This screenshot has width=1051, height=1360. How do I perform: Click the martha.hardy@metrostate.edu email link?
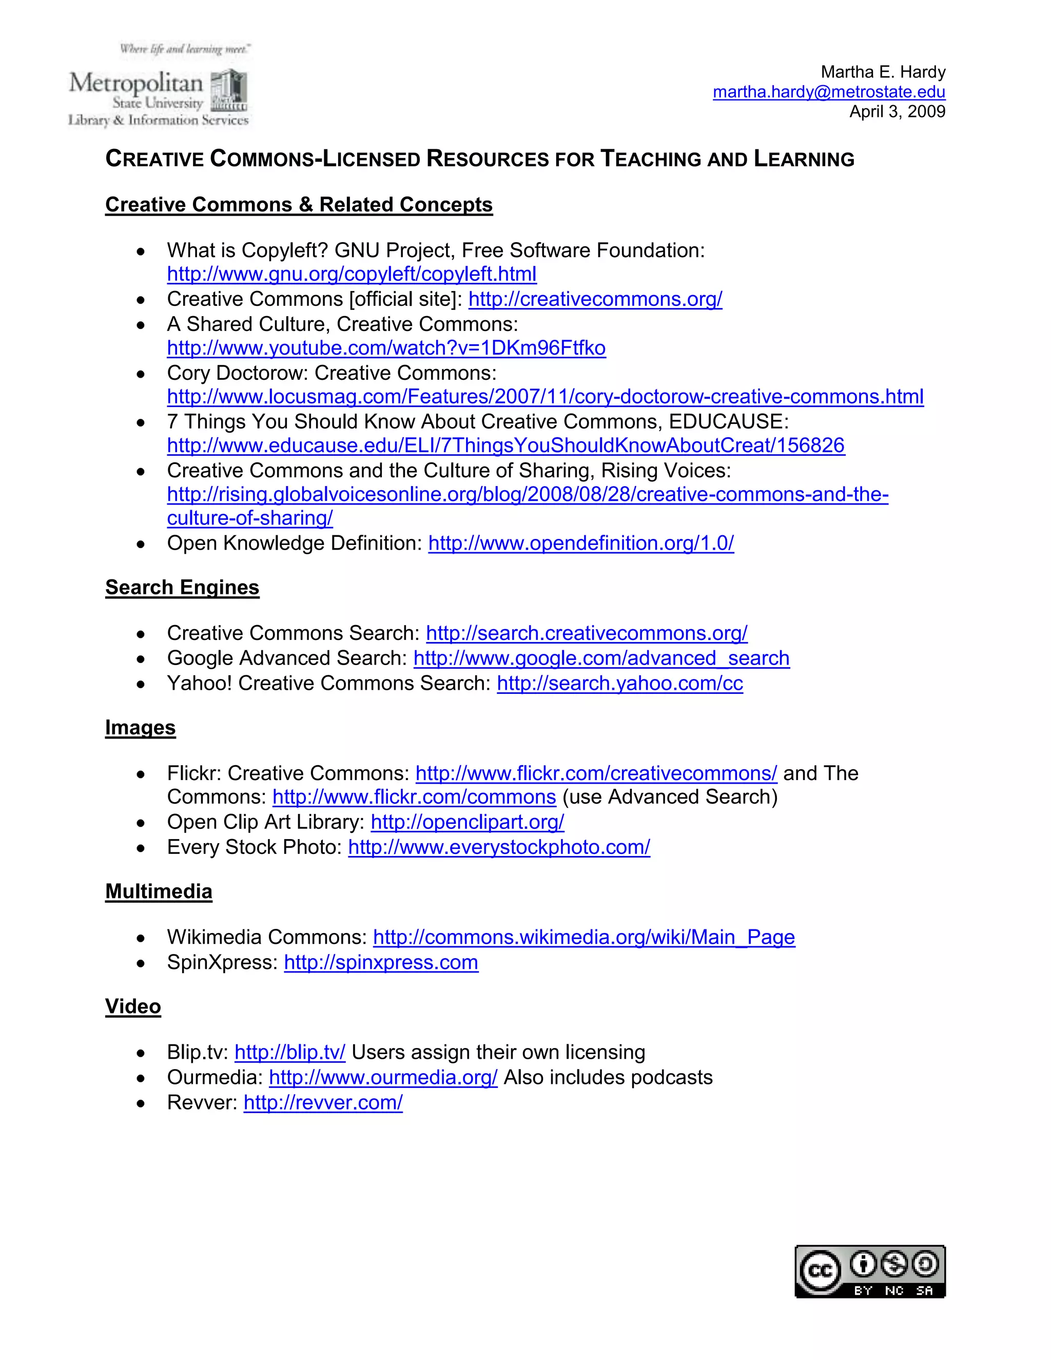[x=829, y=92]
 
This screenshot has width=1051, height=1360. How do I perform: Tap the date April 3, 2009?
[x=897, y=111]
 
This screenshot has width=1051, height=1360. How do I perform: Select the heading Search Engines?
[x=182, y=587]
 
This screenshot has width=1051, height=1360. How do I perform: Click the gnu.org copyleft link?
[x=351, y=274]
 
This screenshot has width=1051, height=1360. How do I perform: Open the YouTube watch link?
[x=386, y=347]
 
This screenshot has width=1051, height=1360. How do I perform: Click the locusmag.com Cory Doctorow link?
[x=545, y=397]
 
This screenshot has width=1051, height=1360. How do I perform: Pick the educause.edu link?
[x=505, y=445]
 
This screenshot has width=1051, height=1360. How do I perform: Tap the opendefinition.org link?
[x=581, y=543]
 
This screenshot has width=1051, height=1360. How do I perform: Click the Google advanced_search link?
[x=601, y=658]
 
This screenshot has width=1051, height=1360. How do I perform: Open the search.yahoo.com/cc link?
[x=619, y=683]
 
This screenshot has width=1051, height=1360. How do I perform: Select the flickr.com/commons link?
[x=414, y=797]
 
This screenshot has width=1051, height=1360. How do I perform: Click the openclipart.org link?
[x=467, y=822]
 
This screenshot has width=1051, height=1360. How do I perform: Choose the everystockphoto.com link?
[x=499, y=847]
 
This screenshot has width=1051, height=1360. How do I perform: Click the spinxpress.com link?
[x=381, y=962]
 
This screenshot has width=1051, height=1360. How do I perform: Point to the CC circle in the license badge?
[x=820, y=1271]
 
